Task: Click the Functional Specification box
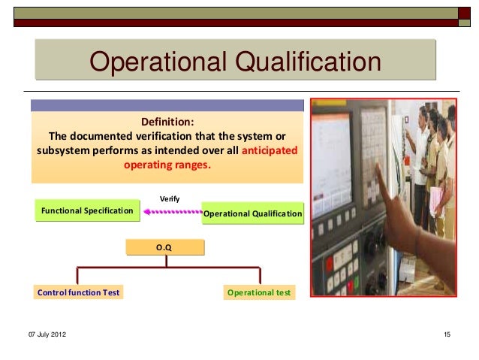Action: point(86,211)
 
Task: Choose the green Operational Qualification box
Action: point(252,214)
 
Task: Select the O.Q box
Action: point(164,246)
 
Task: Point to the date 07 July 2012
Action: point(47,333)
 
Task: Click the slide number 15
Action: point(447,333)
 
